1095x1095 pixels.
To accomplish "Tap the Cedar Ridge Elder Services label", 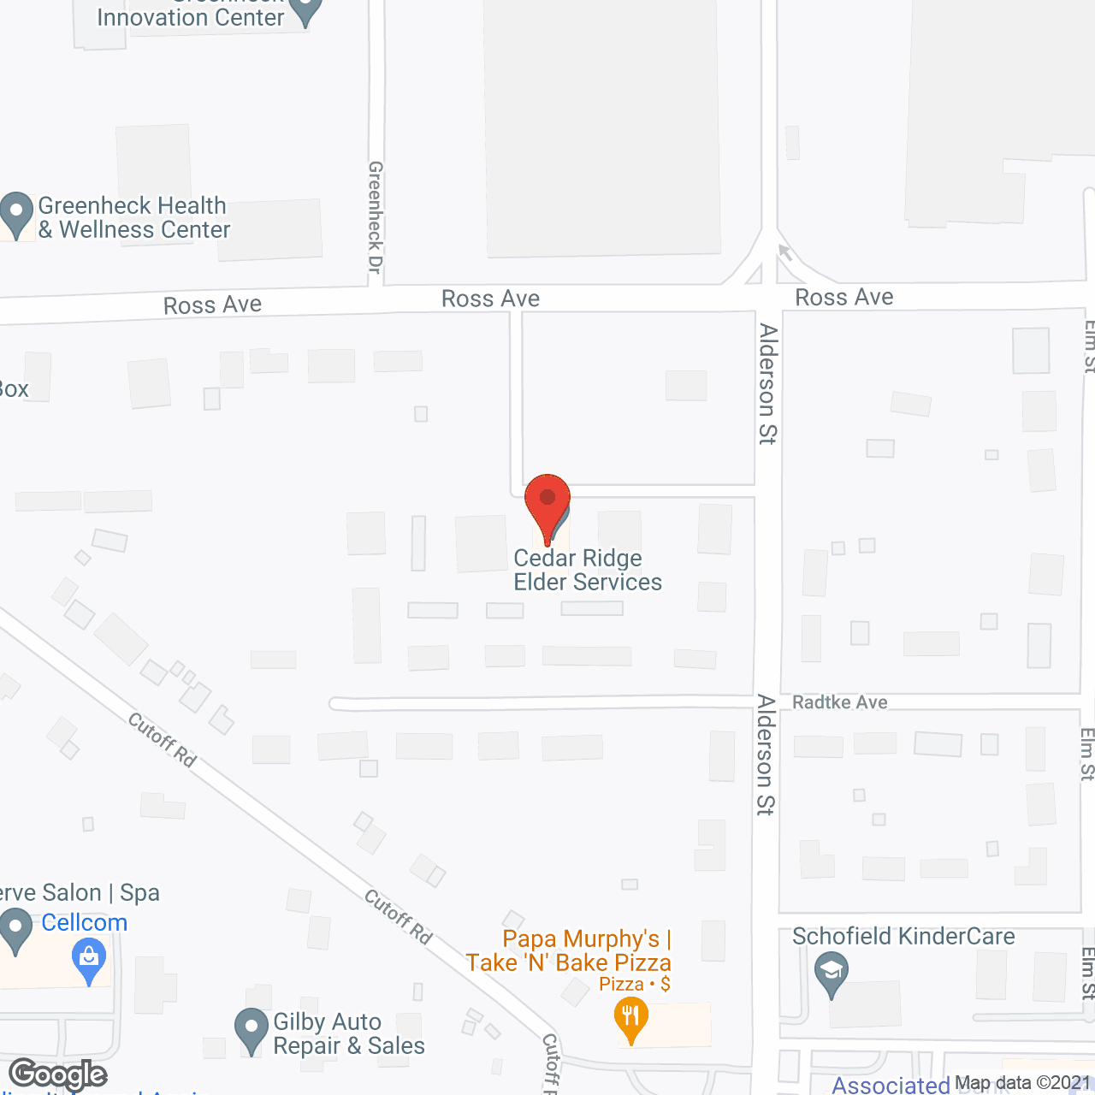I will (x=588, y=570).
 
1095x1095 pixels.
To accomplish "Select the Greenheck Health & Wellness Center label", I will (x=133, y=218).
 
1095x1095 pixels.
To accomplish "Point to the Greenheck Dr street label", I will (x=375, y=217).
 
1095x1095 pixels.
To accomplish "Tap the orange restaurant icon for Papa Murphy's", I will (x=630, y=1019).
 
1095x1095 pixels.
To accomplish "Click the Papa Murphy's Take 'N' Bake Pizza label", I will (x=569, y=951).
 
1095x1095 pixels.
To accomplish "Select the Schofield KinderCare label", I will (x=903, y=937).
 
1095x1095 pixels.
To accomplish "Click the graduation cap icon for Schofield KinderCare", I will (x=831, y=974).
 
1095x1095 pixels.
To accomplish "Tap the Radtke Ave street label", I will (x=839, y=702).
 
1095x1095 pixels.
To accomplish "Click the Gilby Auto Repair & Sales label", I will (x=348, y=1033).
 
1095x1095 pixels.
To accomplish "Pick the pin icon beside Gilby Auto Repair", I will (x=252, y=1029).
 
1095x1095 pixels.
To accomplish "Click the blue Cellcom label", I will (x=84, y=922).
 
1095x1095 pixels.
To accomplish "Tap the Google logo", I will (x=58, y=1074).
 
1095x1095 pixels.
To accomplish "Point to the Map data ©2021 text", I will (x=1023, y=1083).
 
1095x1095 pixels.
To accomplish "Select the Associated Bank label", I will (x=891, y=1086).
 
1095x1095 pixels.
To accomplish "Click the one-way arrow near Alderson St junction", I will (x=785, y=252).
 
